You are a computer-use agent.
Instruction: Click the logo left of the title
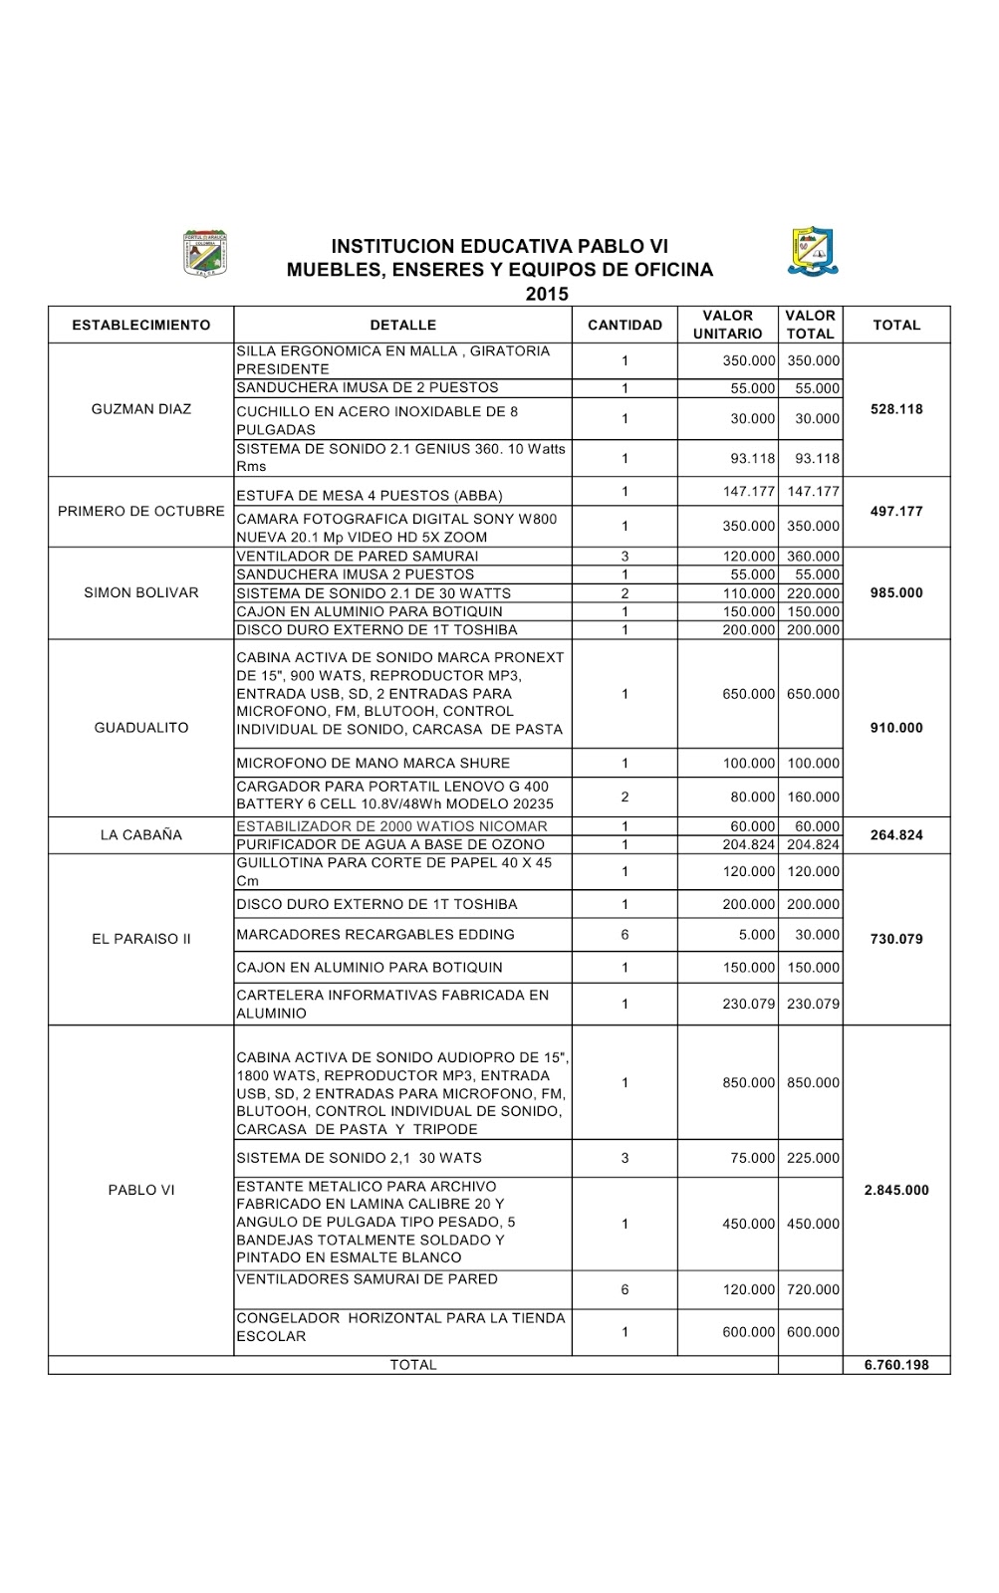coord(205,253)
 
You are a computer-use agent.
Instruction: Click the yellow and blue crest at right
coord(813,251)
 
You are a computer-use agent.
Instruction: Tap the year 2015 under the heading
coord(547,294)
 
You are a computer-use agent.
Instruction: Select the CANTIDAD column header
coord(624,325)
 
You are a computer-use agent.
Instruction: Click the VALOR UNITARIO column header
coord(727,325)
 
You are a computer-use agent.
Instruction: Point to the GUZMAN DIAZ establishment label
coord(141,409)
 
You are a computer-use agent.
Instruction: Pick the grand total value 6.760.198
coord(896,1365)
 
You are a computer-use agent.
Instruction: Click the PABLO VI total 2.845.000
coord(896,1190)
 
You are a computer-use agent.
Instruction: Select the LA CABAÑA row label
coord(141,835)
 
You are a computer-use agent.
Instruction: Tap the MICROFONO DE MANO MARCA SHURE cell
coord(373,763)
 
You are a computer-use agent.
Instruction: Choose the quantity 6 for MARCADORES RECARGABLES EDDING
coord(624,935)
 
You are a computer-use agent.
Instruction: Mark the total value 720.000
coord(813,1289)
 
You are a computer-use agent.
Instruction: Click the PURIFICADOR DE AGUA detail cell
coord(390,844)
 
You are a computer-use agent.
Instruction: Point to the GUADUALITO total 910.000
coord(896,728)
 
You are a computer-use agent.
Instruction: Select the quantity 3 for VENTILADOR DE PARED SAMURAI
coord(624,557)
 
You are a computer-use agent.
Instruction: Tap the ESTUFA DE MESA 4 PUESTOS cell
coord(370,495)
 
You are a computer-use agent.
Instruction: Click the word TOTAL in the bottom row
coord(413,1365)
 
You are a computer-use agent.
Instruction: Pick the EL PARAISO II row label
coord(141,939)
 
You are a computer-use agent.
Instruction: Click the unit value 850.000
coord(748,1082)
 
